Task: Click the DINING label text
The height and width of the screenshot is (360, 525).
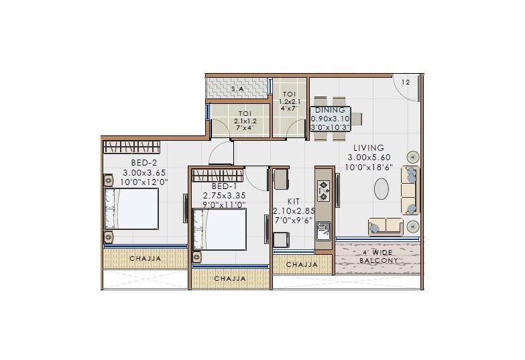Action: point(330,110)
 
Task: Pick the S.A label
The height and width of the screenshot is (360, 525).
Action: point(237,88)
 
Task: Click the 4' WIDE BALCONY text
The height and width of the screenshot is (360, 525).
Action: point(380,256)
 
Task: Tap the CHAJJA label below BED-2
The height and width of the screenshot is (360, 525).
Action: point(144,257)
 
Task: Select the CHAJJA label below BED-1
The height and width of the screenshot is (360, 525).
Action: point(229,278)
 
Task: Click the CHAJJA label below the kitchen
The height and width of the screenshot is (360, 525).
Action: point(302,265)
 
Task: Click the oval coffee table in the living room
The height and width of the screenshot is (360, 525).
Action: point(382,188)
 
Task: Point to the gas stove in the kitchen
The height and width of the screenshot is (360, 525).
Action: point(324,190)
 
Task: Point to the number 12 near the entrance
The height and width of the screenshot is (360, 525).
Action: point(406,82)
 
